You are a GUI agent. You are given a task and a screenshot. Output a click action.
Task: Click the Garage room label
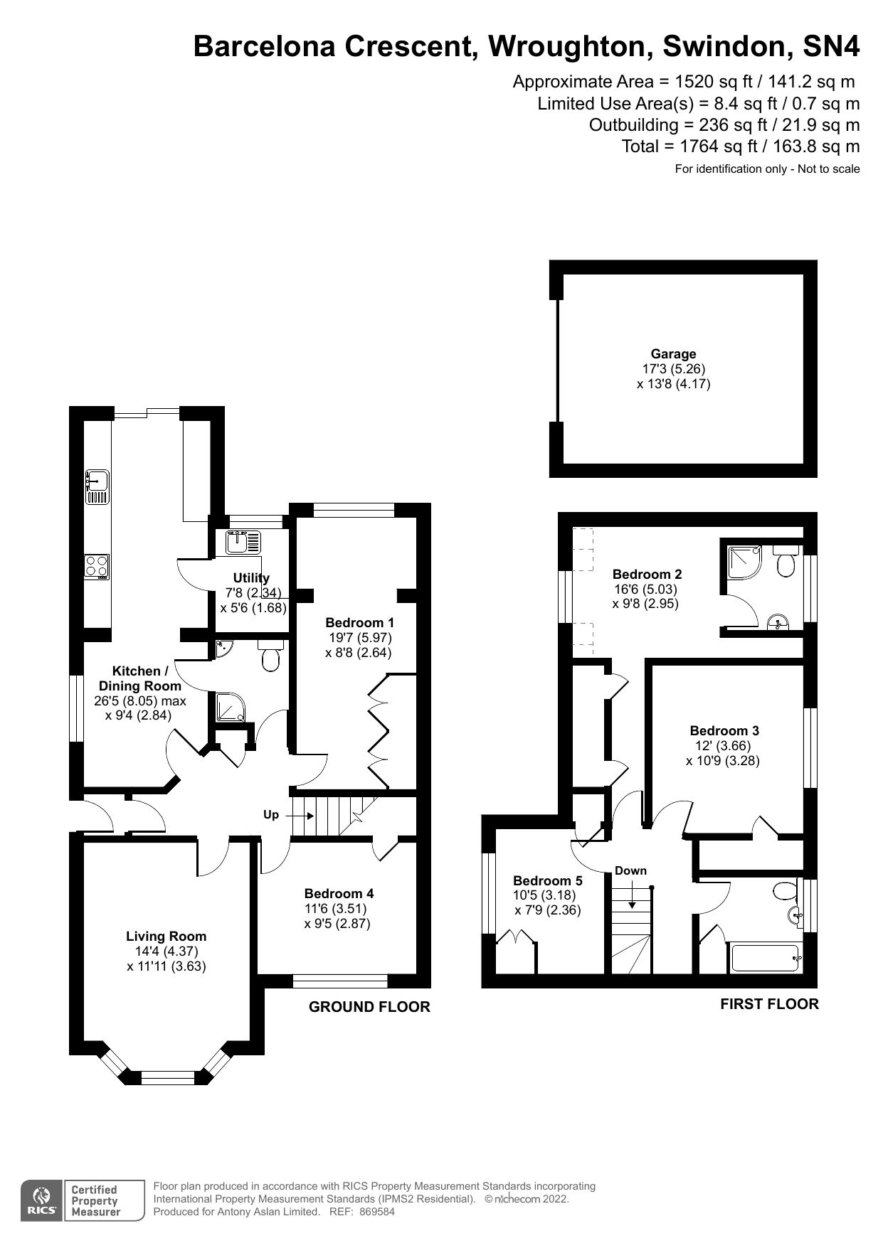click(x=673, y=353)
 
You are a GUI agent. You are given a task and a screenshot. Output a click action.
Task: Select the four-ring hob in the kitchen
click(x=97, y=566)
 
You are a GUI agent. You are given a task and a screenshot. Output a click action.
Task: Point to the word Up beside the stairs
click(x=271, y=815)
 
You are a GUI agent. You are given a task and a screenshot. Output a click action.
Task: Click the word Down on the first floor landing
click(x=630, y=870)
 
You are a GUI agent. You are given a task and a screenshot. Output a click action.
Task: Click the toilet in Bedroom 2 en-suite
click(x=786, y=562)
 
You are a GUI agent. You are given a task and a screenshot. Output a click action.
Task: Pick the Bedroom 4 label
click(x=339, y=894)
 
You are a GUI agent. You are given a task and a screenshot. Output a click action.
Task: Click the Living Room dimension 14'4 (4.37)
click(x=166, y=951)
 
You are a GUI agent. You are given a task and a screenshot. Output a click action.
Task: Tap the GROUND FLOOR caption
click(x=369, y=1007)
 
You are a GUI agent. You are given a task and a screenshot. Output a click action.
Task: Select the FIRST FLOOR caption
click(x=769, y=1004)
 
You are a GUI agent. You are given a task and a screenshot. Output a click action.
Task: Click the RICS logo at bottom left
click(x=41, y=1201)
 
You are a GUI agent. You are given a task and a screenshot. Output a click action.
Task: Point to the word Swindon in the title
click(x=726, y=46)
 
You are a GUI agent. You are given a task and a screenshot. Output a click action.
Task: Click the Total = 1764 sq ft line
click(x=740, y=146)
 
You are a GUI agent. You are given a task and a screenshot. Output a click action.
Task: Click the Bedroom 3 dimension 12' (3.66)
click(x=723, y=746)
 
